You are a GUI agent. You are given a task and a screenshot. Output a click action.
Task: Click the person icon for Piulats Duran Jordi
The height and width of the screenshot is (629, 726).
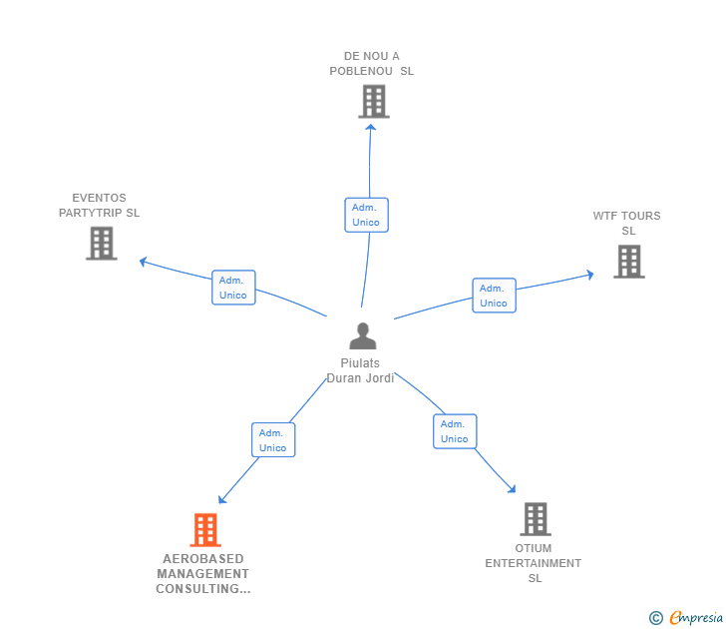[x=363, y=336]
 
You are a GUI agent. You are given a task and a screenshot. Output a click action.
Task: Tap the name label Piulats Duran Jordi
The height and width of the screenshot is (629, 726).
[x=361, y=370]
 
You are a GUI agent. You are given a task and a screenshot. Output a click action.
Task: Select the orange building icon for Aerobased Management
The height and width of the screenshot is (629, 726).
[x=204, y=530]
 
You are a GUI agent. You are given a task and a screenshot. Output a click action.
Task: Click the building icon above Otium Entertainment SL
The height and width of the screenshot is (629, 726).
[x=536, y=519]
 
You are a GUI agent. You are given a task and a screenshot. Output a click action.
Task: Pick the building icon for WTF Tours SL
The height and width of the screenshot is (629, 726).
[x=628, y=262]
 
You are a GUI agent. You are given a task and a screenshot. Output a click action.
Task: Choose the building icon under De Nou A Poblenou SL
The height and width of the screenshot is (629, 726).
[x=373, y=101]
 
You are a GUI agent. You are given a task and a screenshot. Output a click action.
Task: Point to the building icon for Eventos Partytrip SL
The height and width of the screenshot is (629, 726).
[x=102, y=243]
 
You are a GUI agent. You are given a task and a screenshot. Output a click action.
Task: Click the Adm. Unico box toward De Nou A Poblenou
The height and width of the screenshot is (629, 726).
[x=366, y=215]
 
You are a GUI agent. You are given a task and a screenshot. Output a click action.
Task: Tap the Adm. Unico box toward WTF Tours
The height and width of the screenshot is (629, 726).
[x=494, y=296]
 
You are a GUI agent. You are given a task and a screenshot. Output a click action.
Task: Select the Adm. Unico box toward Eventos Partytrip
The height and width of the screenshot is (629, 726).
[x=233, y=288]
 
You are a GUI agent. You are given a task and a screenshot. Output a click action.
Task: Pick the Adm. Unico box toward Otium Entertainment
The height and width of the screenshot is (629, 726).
[x=455, y=431]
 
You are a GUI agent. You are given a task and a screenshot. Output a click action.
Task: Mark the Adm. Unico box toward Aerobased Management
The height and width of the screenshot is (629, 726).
[x=272, y=440]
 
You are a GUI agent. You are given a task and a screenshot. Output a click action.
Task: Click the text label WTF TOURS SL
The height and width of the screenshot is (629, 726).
[x=627, y=224]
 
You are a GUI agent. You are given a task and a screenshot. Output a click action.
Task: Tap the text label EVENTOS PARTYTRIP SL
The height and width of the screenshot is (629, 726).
[x=99, y=205]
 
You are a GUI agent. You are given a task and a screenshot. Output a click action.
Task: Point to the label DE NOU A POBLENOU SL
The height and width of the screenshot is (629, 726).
[x=371, y=64]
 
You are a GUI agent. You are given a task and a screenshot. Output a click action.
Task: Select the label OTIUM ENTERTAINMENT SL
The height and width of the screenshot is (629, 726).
[x=534, y=563]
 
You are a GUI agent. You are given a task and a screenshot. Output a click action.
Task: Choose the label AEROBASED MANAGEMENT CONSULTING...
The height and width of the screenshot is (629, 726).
[x=203, y=574]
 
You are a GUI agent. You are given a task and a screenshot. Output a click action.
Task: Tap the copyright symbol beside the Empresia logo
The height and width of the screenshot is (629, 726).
[x=656, y=618]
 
